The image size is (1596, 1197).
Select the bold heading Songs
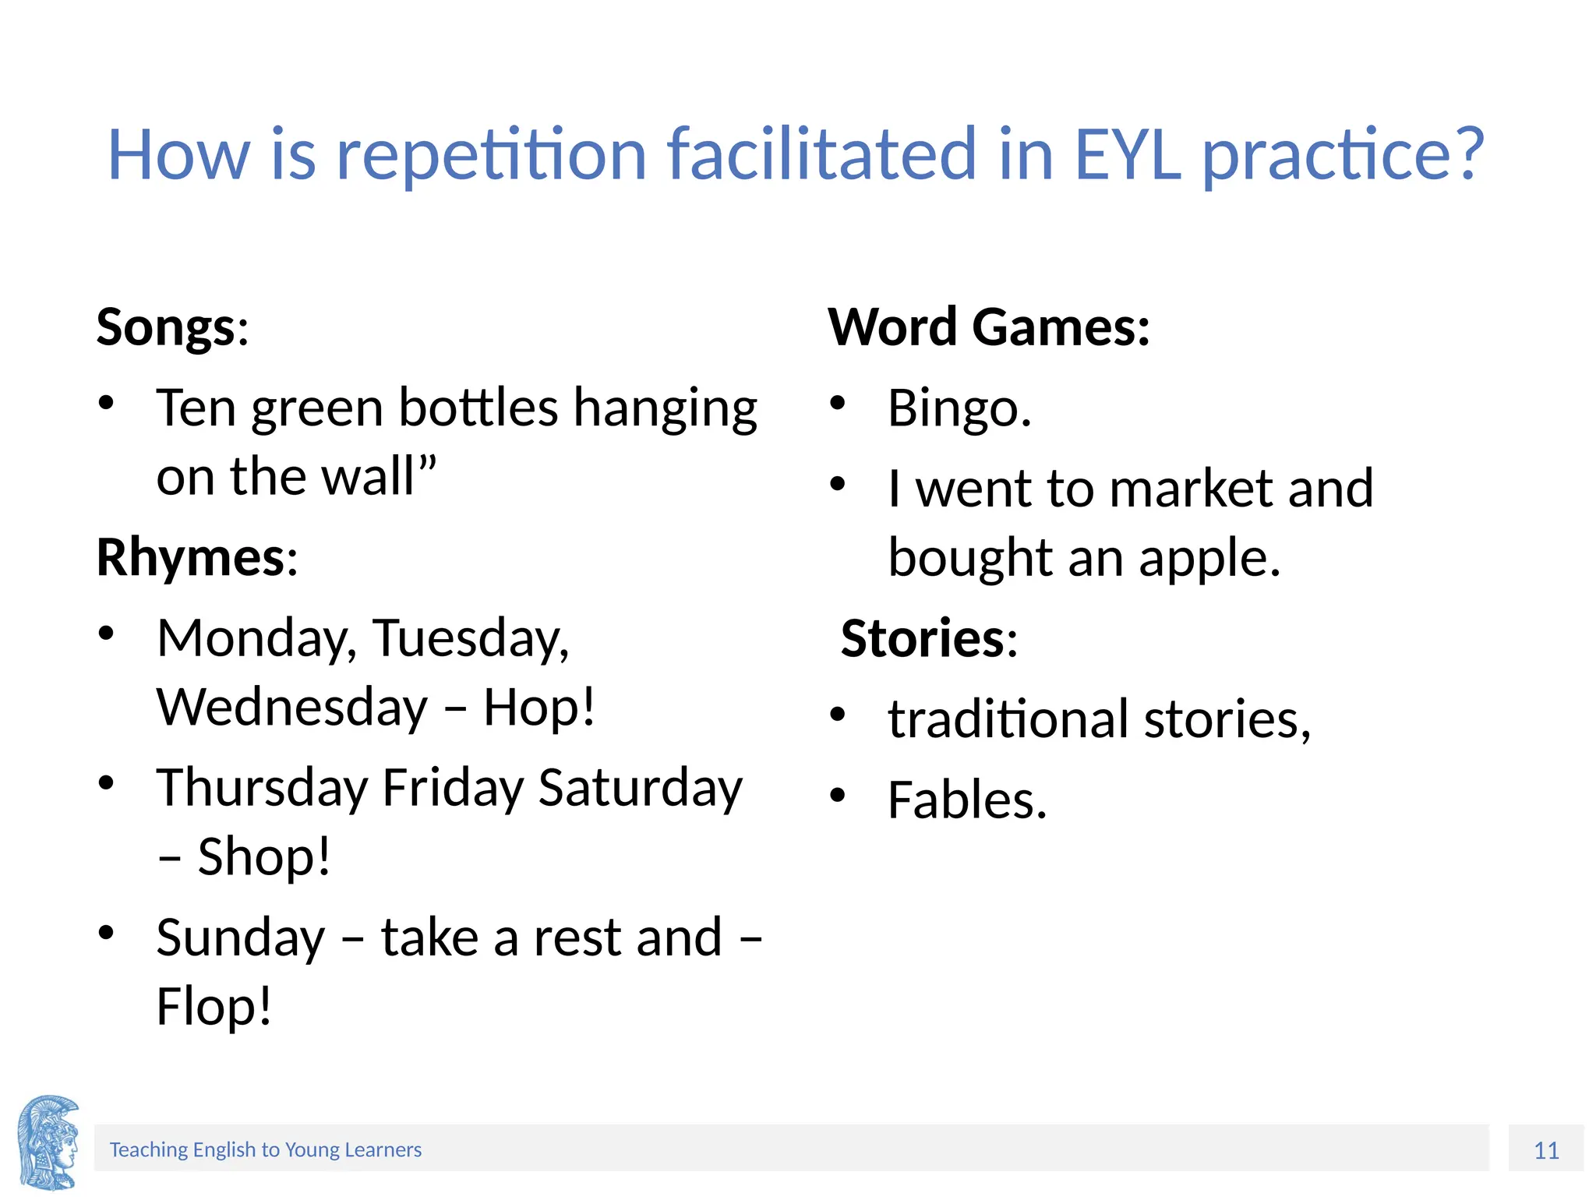pos(165,327)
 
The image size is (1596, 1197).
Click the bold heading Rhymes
pos(190,558)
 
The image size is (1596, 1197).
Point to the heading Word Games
pos(988,327)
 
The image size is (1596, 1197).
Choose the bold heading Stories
pos(923,638)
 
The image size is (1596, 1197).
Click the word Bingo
pos(959,408)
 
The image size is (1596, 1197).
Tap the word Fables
pos(966,800)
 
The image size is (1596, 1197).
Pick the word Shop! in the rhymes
pos(264,856)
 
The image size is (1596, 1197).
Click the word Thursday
pos(262,788)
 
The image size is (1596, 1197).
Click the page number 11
pos(1546,1150)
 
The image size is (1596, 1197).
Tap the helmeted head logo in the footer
pos(48,1142)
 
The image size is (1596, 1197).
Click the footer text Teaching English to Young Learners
pos(265,1149)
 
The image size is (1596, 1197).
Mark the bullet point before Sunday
pos(107,932)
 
